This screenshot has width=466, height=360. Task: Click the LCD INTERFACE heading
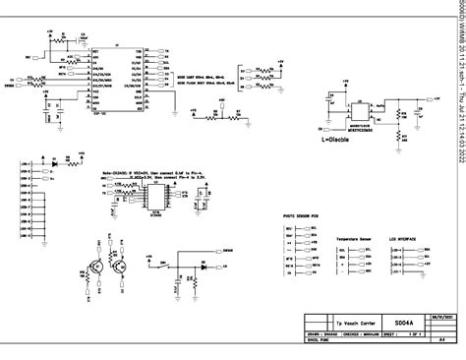tap(404, 239)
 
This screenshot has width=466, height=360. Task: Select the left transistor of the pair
tap(96, 265)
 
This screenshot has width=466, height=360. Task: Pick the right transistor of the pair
tap(121, 265)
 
